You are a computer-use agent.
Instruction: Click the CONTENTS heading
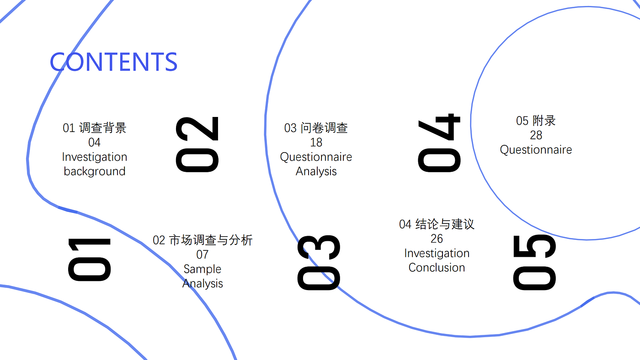[x=114, y=62]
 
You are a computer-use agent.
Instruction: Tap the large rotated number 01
[x=90, y=259]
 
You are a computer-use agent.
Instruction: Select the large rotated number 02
[x=197, y=144]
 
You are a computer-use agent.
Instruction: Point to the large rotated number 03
[x=319, y=263]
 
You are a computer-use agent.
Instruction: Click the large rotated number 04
[x=439, y=143]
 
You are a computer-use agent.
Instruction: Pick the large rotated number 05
[x=534, y=262]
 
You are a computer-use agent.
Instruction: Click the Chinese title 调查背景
[x=103, y=128]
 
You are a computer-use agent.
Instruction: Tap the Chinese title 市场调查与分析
[x=211, y=240]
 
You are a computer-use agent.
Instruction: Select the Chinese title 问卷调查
[x=324, y=128]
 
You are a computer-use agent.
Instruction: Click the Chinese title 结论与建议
[x=445, y=224]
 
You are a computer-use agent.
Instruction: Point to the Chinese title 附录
[x=544, y=121]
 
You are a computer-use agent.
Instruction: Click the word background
[x=95, y=171]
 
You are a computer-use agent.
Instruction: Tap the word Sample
[x=202, y=269]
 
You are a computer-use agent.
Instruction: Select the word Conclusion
[x=437, y=268]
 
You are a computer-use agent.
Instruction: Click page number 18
[x=316, y=143]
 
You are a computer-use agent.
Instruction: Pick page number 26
[x=437, y=238]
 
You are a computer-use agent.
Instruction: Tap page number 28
[x=536, y=135]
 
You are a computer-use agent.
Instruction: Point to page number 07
[x=202, y=254]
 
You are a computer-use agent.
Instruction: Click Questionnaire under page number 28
[x=536, y=150]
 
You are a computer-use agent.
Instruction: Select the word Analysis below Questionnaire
[x=316, y=172]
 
